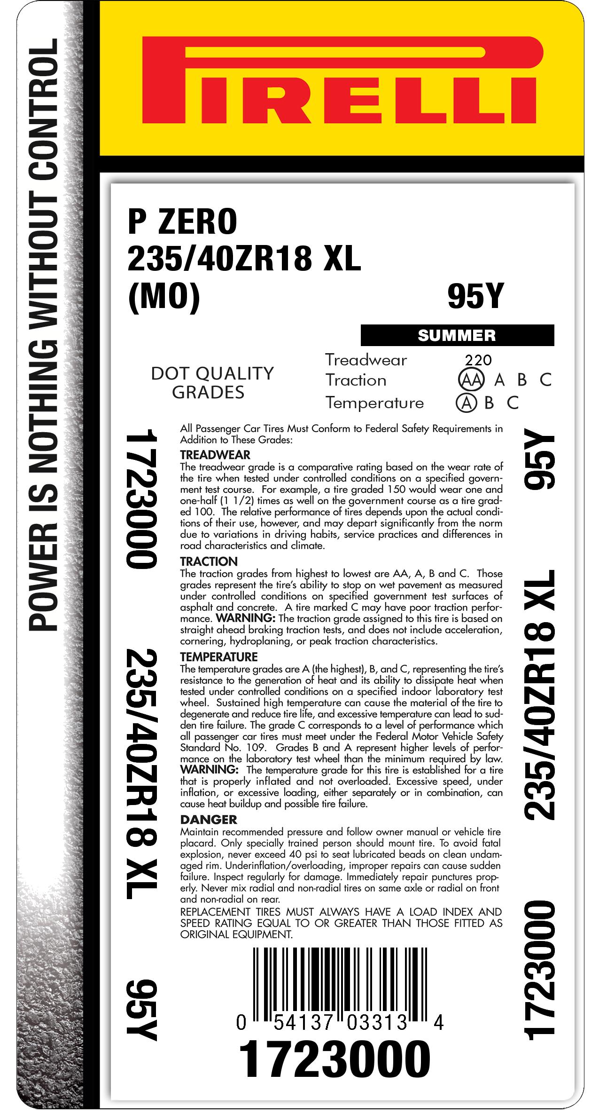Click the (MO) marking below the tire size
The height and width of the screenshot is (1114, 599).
164,298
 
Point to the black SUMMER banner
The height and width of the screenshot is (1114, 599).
457,335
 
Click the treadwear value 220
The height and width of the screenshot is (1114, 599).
478,360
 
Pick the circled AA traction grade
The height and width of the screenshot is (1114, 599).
470,380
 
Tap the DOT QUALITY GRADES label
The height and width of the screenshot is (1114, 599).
212,382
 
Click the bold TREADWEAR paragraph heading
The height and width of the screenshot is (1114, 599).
215,455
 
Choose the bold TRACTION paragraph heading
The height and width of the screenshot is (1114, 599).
209,561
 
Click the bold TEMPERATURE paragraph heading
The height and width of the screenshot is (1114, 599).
219,656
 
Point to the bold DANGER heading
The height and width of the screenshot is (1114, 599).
209,819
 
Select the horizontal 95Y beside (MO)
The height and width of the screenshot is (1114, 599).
475,297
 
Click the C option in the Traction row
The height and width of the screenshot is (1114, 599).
545,380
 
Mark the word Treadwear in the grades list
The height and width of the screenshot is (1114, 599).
366,360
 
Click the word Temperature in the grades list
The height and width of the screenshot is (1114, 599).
374,403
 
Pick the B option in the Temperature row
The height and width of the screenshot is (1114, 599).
489,403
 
